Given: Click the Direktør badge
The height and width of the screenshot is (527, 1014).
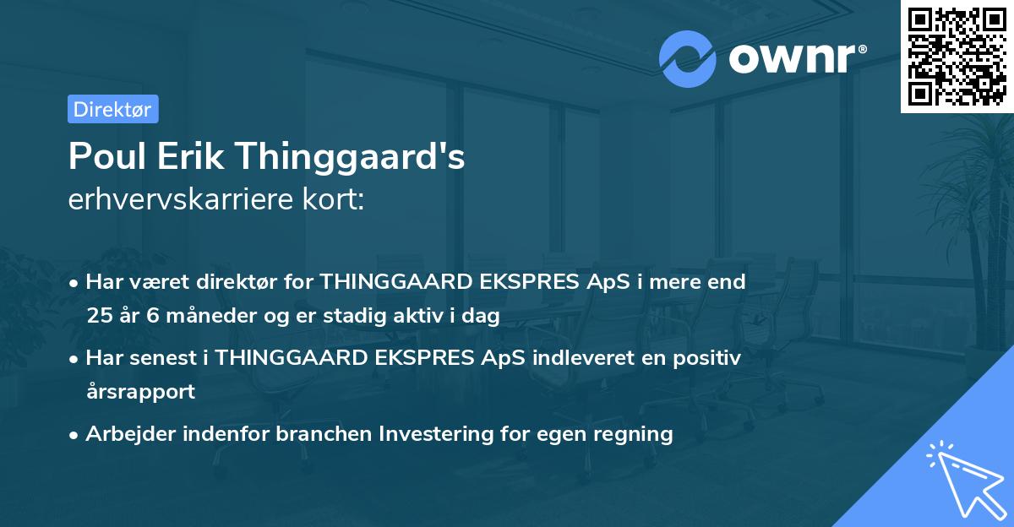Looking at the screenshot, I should (x=112, y=109).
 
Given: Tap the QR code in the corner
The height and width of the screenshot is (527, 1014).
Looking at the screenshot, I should (x=957, y=56).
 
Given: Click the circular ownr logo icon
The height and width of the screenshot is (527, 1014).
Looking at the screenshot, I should (x=687, y=59).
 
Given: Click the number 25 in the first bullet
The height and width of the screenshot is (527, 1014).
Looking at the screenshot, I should (x=98, y=317).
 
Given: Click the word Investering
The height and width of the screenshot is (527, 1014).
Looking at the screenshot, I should (x=433, y=434).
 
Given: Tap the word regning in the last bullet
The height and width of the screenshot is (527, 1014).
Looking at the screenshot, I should (x=635, y=434).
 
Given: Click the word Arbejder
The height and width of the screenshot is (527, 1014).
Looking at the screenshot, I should (x=125, y=434).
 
